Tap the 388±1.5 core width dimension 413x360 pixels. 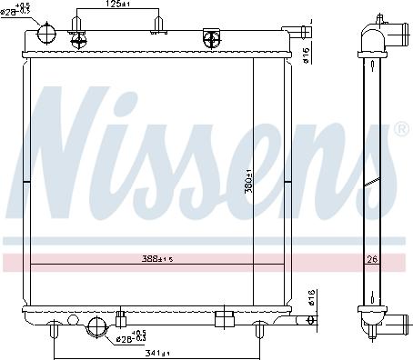pos(158,257)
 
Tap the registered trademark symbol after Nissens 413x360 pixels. pos(401,131)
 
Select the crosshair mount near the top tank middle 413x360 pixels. pos(212,37)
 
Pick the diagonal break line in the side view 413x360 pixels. pos(371,183)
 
